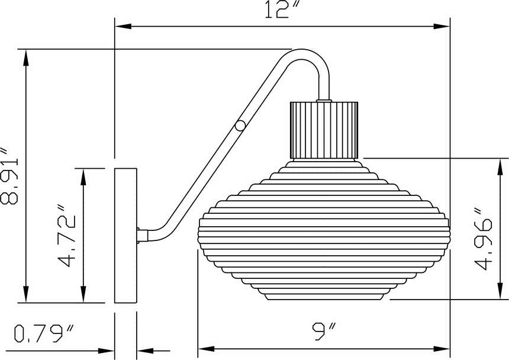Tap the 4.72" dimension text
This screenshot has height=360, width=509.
pyautogui.click(x=66, y=236)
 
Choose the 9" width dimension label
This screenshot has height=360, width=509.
pyautogui.click(x=324, y=331)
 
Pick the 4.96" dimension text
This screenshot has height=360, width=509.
pyautogui.click(x=483, y=238)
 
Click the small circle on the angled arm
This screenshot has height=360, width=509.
pyautogui.click(x=240, y=126)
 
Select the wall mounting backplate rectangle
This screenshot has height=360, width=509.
pyautogui.click(x=125, y=236)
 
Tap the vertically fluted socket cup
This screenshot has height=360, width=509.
pyautogui.click(x=324, y=130)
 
